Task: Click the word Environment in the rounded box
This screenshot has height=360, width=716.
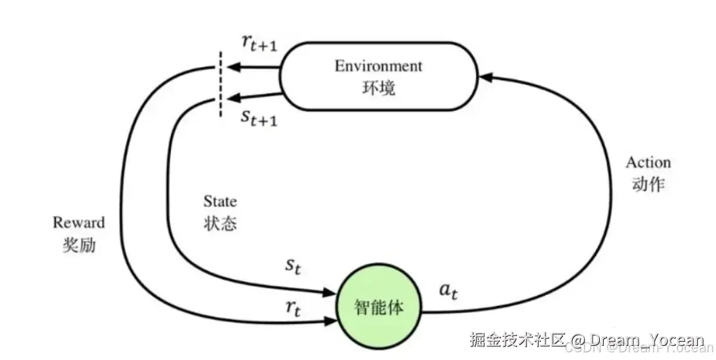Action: click(378, 66)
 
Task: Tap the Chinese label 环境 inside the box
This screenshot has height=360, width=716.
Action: click(379, 88)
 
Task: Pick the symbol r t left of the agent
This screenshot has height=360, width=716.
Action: click(293, 308)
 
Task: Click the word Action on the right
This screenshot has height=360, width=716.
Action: click(648, 162)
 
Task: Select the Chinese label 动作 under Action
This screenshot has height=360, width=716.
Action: click(648, 184)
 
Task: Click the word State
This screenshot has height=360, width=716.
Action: click(220, 201)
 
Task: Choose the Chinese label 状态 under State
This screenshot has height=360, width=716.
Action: click(220, 223)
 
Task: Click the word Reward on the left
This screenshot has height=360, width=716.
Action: click(79, 223)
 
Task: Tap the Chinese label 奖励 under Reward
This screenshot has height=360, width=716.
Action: click(79, 245)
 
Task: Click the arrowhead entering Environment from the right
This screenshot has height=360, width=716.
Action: click(487, 77)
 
